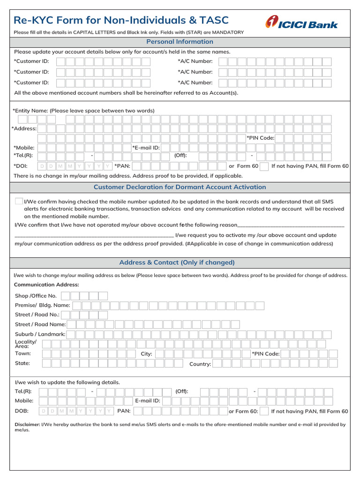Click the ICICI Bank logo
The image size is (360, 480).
pyautogui.click(x=301, y=22)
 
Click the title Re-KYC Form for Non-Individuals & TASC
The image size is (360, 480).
pyautogui.click(x=121, y=20)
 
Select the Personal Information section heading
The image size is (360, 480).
pyautogui.click(x=180, y=42)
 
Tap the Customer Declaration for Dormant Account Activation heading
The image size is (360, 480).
pyautogui.click(x=180, y=187)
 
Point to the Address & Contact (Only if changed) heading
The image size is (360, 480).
pyautogui.click(x=177, y=262)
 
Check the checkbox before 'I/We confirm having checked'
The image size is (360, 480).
pyautogui.click(x=19, y=201)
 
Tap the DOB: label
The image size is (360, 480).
pyautogui.click(x=22, y=411)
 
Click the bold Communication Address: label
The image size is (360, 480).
pyautogui.click(x=46, y=285)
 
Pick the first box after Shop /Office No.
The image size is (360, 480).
pyautogui.click(x=66, y=296)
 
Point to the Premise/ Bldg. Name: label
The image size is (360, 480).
pyautogui.click(x=42, y=305)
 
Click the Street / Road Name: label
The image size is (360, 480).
pyautogui.click(x=40, y=324)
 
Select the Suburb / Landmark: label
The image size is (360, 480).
pyautogui.click(x=40, y=334)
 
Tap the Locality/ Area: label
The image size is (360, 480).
pyautogui.click(x=25, y=344)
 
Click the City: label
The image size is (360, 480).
pyautogui.click(x=146, y=354)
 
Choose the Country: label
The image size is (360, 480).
pyautogui.click(x=200, y=364)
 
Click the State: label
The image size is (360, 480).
pyautogui.click(x=22, y=363)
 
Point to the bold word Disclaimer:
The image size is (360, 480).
pyautogui.click(x=27, y=425)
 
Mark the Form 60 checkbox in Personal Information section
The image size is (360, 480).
pyautogui.click(x=264, y=166)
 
